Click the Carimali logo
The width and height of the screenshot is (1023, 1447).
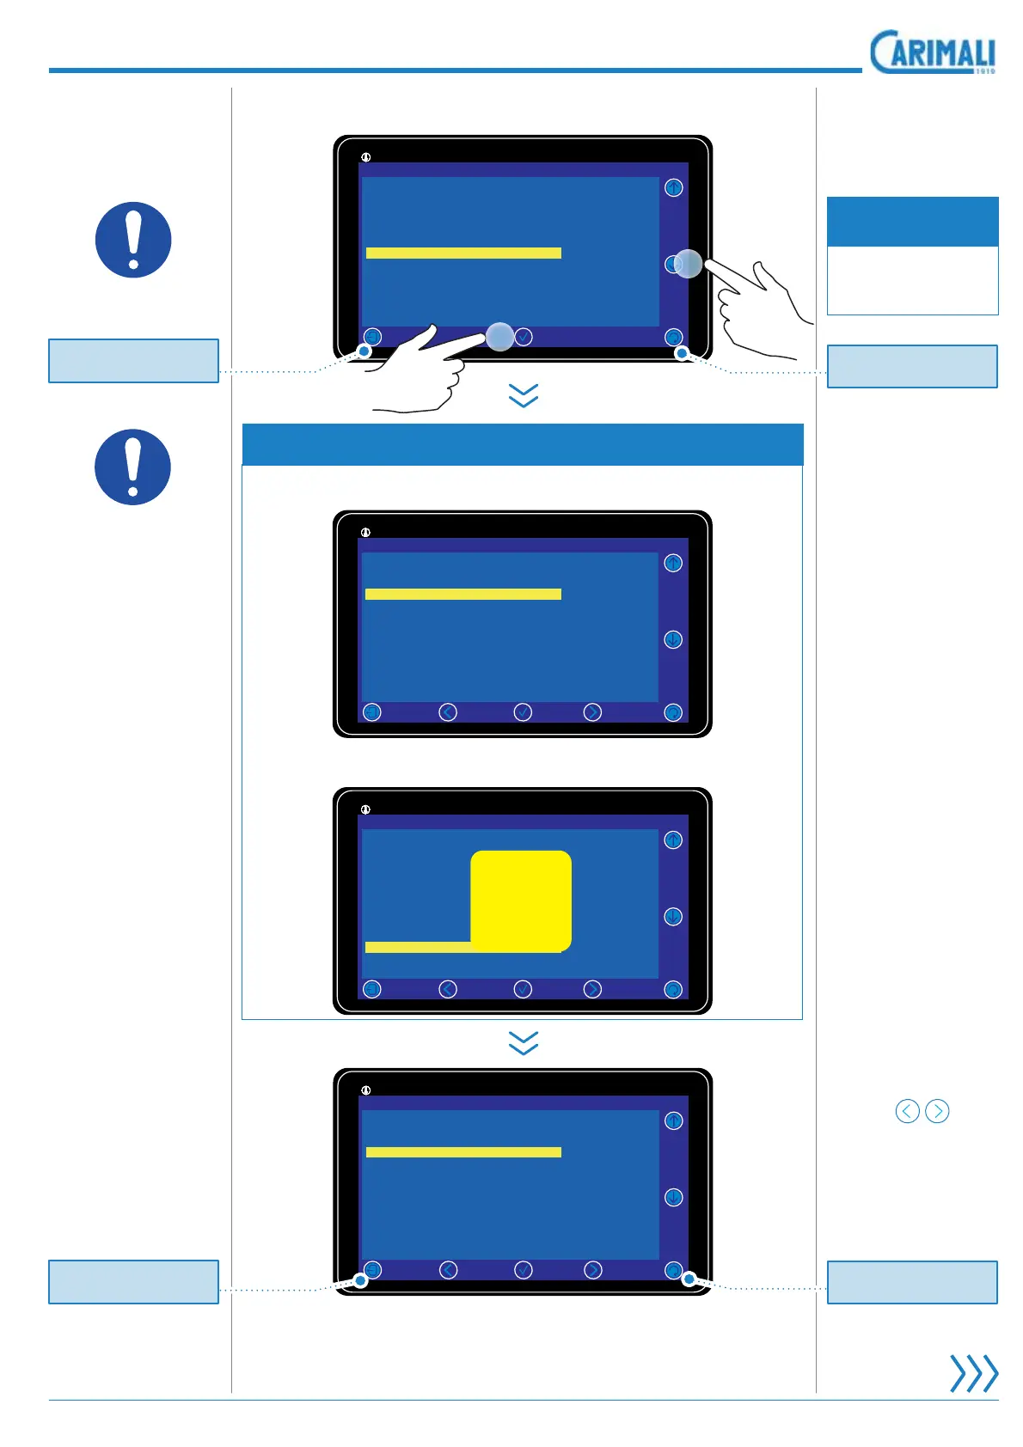click(x=932, y=52)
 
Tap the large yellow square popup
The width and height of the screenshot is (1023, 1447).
click(x=521, y=901)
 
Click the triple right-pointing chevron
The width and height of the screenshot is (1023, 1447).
click(x=973, y=1372)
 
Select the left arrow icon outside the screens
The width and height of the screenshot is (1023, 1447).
click(x=907, y=1111)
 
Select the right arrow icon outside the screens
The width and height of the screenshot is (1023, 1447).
click(x=937, y=1111)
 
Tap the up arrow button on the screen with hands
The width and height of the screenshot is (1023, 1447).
click(x=674, y=187)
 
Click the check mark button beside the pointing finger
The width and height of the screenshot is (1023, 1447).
click(x=523, y=337)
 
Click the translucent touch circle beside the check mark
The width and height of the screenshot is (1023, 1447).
click(x=499, y=336)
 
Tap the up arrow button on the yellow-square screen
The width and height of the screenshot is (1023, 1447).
click(x=673, y=840)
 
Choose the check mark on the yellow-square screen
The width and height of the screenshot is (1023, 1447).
click(x=523, y=989)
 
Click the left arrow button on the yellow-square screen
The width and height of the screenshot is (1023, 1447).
click(x=448, y=989)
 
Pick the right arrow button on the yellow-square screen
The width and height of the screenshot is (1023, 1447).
click(x=592, y=989)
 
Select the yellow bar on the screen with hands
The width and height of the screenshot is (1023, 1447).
click(x=463, y=253)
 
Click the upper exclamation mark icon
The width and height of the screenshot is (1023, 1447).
click(x=133, y=240)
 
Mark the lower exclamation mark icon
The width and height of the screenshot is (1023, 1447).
click(x=133, y=467)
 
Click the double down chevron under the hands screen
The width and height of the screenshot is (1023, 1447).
click(x=524, y=395)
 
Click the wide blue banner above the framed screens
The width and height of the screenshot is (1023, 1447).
click(x=523, y=444)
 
